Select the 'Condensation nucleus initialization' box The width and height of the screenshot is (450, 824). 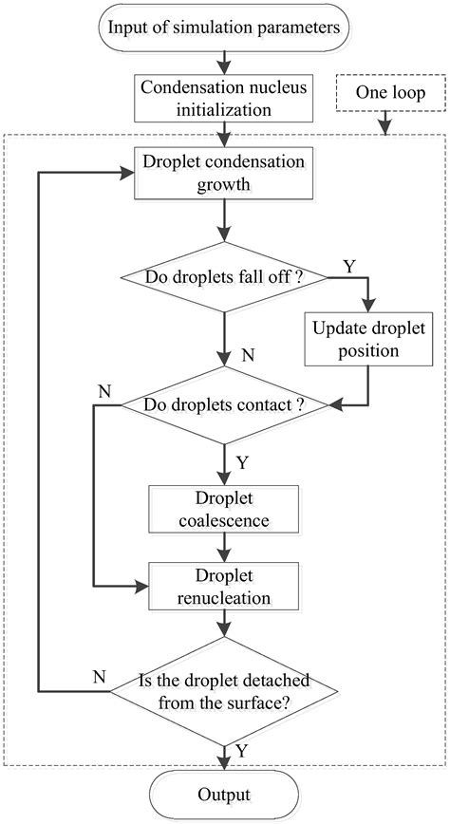pos(225,97)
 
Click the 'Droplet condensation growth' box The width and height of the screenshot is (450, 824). pos(225,173)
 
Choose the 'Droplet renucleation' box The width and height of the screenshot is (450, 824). pos(225,587)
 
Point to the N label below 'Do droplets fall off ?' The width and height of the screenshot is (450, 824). pos(249,357)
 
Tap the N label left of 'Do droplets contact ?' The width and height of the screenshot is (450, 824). pos(104,391)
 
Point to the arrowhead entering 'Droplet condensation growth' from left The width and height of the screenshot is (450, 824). pos(129,173)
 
